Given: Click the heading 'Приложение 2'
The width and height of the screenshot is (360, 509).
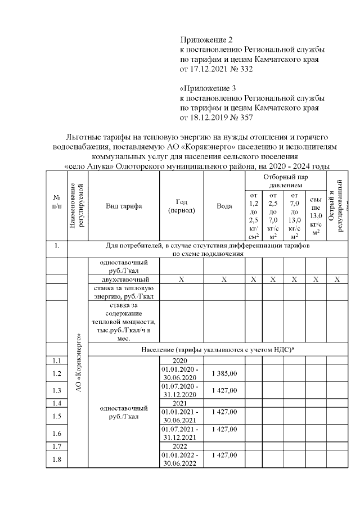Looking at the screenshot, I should tap(206, 40).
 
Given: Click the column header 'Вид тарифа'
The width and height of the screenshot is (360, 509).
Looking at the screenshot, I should tap(124, 206).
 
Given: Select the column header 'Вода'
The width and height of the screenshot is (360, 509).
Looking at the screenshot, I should tap(224, 206).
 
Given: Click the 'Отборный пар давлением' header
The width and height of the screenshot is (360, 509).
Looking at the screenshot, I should tap(285, 180).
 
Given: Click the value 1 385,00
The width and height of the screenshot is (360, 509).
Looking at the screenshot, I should tap(224, 373).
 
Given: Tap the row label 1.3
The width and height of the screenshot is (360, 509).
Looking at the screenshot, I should tap(57, 390).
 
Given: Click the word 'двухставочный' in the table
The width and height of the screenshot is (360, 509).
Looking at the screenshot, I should tap(124, 280).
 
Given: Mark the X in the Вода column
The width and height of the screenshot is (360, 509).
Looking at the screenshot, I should tap(224, 280).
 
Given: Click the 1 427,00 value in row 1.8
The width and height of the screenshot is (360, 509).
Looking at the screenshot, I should tap(224, 455).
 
